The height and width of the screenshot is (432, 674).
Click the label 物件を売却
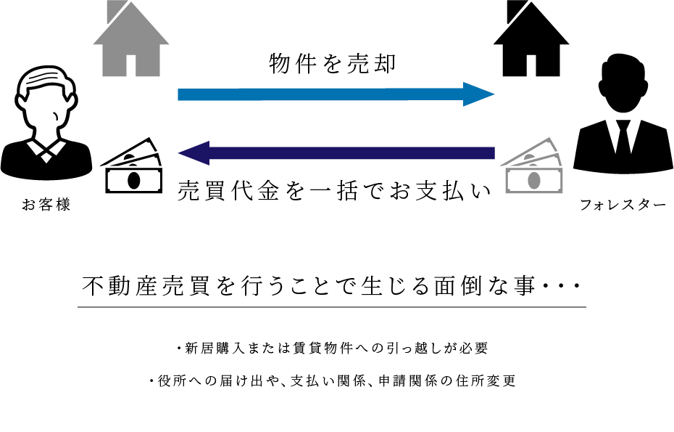point(333,64)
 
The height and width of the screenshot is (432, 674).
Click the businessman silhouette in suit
point(623,120)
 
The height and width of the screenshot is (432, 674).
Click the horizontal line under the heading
point(331,307)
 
